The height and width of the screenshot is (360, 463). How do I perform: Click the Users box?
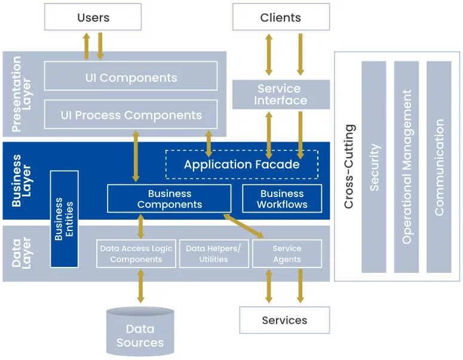point(93,17)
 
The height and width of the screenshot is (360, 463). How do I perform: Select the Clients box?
point(280,17)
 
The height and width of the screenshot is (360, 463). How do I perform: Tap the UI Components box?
point(130,77)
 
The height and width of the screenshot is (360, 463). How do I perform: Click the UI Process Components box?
point(130,115)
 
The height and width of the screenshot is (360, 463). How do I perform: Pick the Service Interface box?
point(280,95)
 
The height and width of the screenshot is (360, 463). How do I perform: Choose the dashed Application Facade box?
point(241,164)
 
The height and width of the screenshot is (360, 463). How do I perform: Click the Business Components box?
point(169,199)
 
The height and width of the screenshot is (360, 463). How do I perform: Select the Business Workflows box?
point(282,199)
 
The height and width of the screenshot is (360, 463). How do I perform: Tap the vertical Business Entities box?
point(64,219)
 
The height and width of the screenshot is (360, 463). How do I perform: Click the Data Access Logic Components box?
point(136,254)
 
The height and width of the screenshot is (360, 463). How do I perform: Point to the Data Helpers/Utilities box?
point(213,254)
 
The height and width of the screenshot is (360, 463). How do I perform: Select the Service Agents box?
point(287,254)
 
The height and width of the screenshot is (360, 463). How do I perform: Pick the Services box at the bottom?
point(284,321)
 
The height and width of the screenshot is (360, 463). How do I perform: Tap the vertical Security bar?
point(374,167)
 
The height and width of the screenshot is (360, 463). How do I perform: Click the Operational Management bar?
point(406,167)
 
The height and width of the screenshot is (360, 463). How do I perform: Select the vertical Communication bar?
point(439,167)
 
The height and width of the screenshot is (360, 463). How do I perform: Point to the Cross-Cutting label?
point(349,167)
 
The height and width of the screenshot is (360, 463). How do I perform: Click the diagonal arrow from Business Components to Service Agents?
point(244,227)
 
